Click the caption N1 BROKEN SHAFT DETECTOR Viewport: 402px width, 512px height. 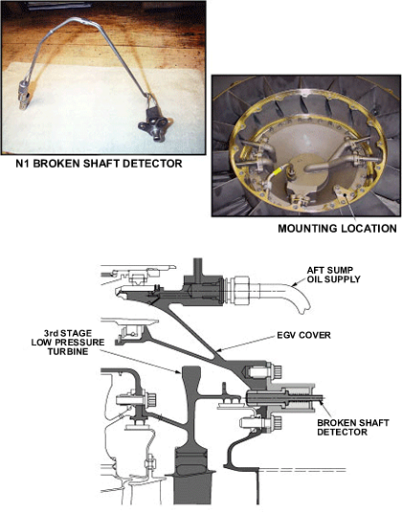pos(99,164)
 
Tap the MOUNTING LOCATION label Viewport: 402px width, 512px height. pos(337,228)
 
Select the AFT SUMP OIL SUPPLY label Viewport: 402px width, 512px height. pos(333,275)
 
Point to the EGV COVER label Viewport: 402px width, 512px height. pos(303,335)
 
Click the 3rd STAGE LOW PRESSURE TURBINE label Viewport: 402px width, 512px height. pos(68,343)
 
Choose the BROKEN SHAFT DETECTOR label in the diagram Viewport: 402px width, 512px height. pos(353,427)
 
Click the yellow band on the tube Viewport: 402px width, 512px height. pos(278,169)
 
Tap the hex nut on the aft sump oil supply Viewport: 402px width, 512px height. pos(241,290)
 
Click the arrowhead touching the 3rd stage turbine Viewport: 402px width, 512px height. pos(178,371)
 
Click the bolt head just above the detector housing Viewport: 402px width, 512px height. pos(277,370)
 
